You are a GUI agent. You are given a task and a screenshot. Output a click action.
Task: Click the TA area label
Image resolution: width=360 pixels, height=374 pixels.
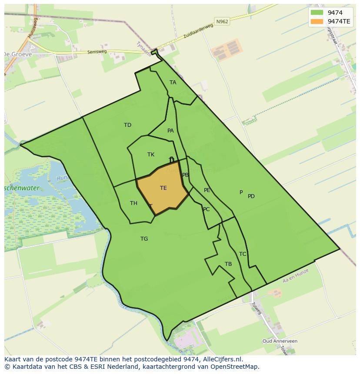pos(173,83)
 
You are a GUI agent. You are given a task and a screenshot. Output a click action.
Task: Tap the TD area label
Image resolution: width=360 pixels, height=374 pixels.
pos(127,125)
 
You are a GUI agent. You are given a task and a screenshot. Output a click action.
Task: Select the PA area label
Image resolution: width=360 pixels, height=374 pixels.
pos(170,131)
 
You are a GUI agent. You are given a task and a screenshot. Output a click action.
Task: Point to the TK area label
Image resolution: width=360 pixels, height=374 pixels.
pos(151,155)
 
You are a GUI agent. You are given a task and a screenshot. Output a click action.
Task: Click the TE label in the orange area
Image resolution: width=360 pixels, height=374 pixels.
pos(163,188)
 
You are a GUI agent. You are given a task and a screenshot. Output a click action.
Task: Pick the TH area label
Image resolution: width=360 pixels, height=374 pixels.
pos(133,203)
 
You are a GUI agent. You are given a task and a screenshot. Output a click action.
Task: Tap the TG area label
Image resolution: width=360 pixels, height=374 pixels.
pos(144,239)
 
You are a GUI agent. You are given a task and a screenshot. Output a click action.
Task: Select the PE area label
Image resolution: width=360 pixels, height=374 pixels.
pos(207,190)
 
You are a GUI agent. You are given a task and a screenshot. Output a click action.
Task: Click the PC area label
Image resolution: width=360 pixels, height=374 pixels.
pos(206,209)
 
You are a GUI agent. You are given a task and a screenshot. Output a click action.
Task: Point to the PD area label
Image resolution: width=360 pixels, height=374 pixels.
pos(251,196)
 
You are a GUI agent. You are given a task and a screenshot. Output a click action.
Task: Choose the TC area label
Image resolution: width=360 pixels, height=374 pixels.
pos(243,254)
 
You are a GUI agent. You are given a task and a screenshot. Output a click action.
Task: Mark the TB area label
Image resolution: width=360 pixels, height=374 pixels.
pos(228,264)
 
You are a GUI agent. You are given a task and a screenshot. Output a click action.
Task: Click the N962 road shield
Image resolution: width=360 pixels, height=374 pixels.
pos(221,21)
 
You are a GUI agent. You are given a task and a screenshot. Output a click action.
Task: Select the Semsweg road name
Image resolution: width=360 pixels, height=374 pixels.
pos(97,51)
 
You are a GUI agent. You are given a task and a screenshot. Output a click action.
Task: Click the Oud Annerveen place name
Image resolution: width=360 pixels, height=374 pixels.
pos(280,341)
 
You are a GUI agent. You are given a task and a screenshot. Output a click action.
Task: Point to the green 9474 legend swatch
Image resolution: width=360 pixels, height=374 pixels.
pos(317,13)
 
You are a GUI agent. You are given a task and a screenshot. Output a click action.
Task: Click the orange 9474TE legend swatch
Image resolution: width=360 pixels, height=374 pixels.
pos(317,21)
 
